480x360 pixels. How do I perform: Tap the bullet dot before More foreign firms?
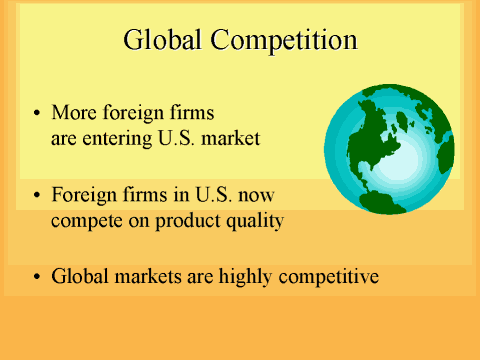coord(37,113)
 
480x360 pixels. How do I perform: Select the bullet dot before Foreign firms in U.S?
coord(37,196)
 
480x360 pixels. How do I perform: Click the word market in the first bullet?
coord(231,138)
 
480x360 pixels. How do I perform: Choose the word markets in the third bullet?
coord(144,275)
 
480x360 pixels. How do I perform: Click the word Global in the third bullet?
coord(78,275)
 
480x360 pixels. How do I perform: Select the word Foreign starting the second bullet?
coord(83,195)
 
